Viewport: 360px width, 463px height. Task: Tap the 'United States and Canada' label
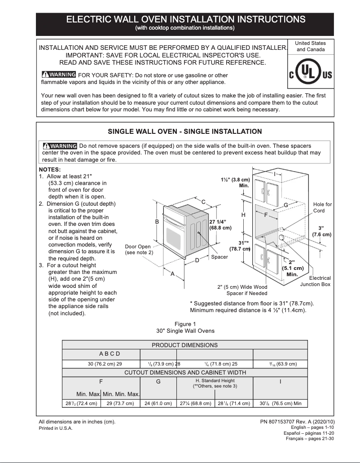(x=311, y=46)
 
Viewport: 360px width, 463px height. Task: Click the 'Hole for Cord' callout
(x=322, y=207)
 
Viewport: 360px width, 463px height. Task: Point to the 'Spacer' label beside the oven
(x=220, y=257)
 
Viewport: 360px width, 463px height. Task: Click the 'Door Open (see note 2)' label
(x=138, y=250)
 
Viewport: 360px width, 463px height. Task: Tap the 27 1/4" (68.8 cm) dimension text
(x=220, y=225)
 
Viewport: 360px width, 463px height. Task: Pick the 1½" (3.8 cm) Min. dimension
(x=235, y=182)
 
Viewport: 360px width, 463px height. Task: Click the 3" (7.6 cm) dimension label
(x=321, y=231)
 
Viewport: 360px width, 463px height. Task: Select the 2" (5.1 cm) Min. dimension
(x=292, y=268)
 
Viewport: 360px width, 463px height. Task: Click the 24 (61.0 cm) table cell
(x=158, y=403)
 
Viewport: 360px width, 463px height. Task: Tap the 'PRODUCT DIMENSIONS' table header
(x=184, y=345)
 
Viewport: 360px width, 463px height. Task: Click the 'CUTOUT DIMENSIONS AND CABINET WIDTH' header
(x=184, y=372)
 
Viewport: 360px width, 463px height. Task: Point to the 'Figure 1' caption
(x=185, y=324)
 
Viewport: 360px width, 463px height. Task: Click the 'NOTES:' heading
(x=50, y=169)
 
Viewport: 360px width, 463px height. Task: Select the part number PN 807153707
(x=297, y=422)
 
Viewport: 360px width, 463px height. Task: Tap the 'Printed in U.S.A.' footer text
(x=56, y=428)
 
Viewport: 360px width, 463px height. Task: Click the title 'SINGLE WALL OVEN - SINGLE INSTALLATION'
(x=184, y=132)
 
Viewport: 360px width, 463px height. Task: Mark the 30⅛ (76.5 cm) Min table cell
(x=280, y=403)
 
